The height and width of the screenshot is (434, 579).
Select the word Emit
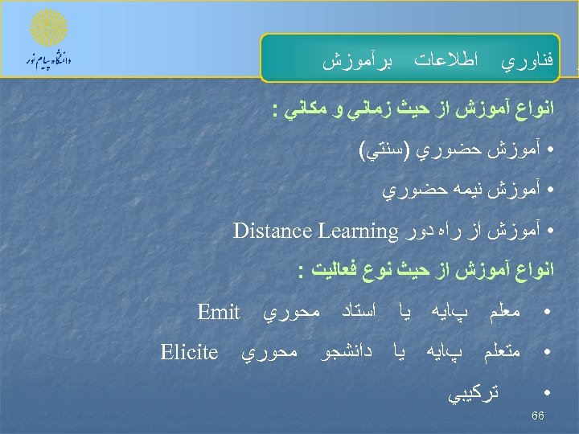pos(219,312)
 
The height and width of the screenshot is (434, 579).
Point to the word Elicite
pos(189,352)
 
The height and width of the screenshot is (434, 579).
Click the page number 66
pos(539,416)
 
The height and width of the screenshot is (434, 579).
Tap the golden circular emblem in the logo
pos(48,28)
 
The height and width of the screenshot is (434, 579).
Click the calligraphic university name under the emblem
pos(49,61)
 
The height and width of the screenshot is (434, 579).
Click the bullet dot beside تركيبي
pos(548,393)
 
